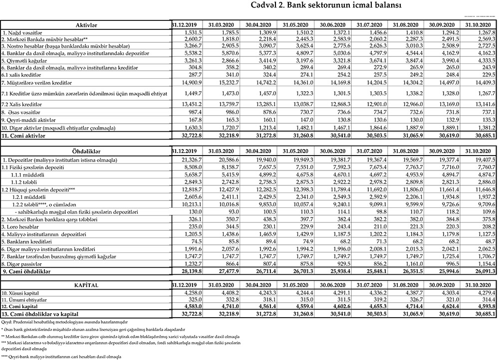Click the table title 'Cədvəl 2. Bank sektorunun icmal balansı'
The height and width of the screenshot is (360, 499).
click(319, 6)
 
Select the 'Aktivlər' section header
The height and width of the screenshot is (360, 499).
click(86, 24)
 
